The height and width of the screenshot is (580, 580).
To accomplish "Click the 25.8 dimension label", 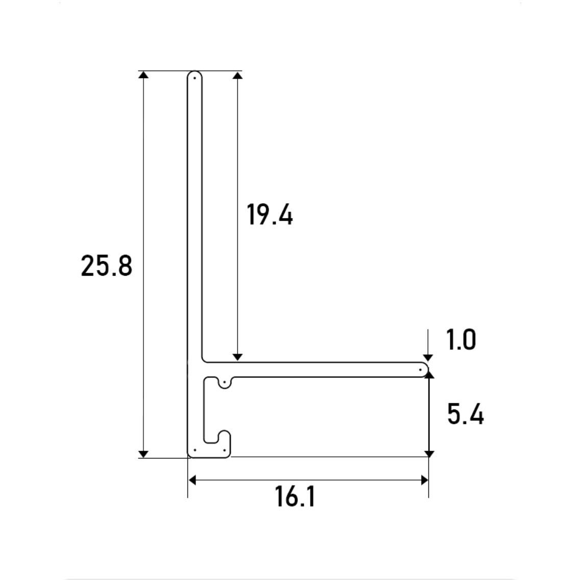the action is [106, 265].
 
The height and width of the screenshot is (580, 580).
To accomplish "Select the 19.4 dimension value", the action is [270, 214].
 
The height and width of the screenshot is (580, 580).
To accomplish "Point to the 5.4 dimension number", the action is [465, 414].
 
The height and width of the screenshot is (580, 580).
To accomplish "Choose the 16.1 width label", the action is [295, 496].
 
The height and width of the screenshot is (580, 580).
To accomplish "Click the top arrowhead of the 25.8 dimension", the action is [143, 75].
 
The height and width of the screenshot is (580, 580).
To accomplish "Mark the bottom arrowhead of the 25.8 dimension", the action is [143, 454].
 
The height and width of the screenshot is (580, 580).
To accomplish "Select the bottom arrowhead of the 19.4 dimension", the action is [238, 357].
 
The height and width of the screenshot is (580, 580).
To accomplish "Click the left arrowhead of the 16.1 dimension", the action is [192, 480].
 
